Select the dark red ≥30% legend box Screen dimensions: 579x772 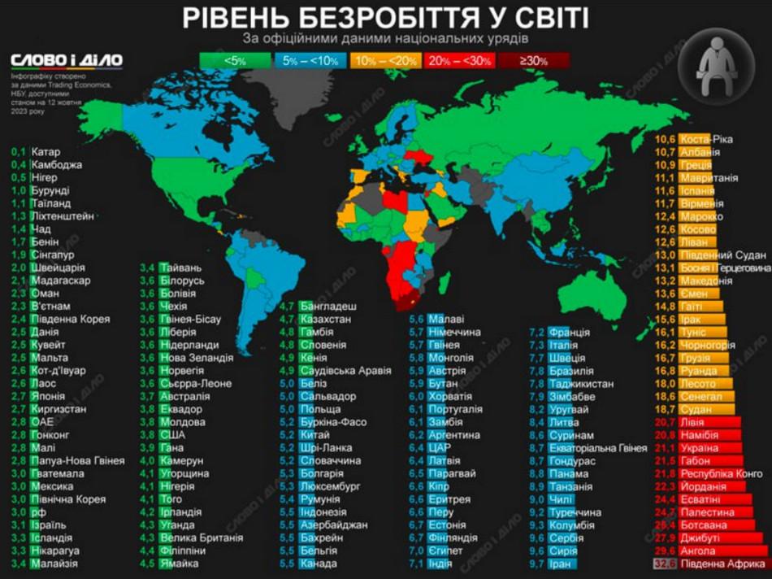(x=533, y=60)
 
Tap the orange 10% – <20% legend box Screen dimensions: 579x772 (x=385, y=60)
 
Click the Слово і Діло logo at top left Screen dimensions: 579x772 (x=67, y=61)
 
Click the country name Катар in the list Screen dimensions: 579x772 (x=46, y=152)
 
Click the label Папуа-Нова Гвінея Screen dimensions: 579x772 (x=78, y=461)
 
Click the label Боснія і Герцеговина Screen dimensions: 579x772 (x=725, y=268)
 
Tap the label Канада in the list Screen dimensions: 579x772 (x=318, y=564)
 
